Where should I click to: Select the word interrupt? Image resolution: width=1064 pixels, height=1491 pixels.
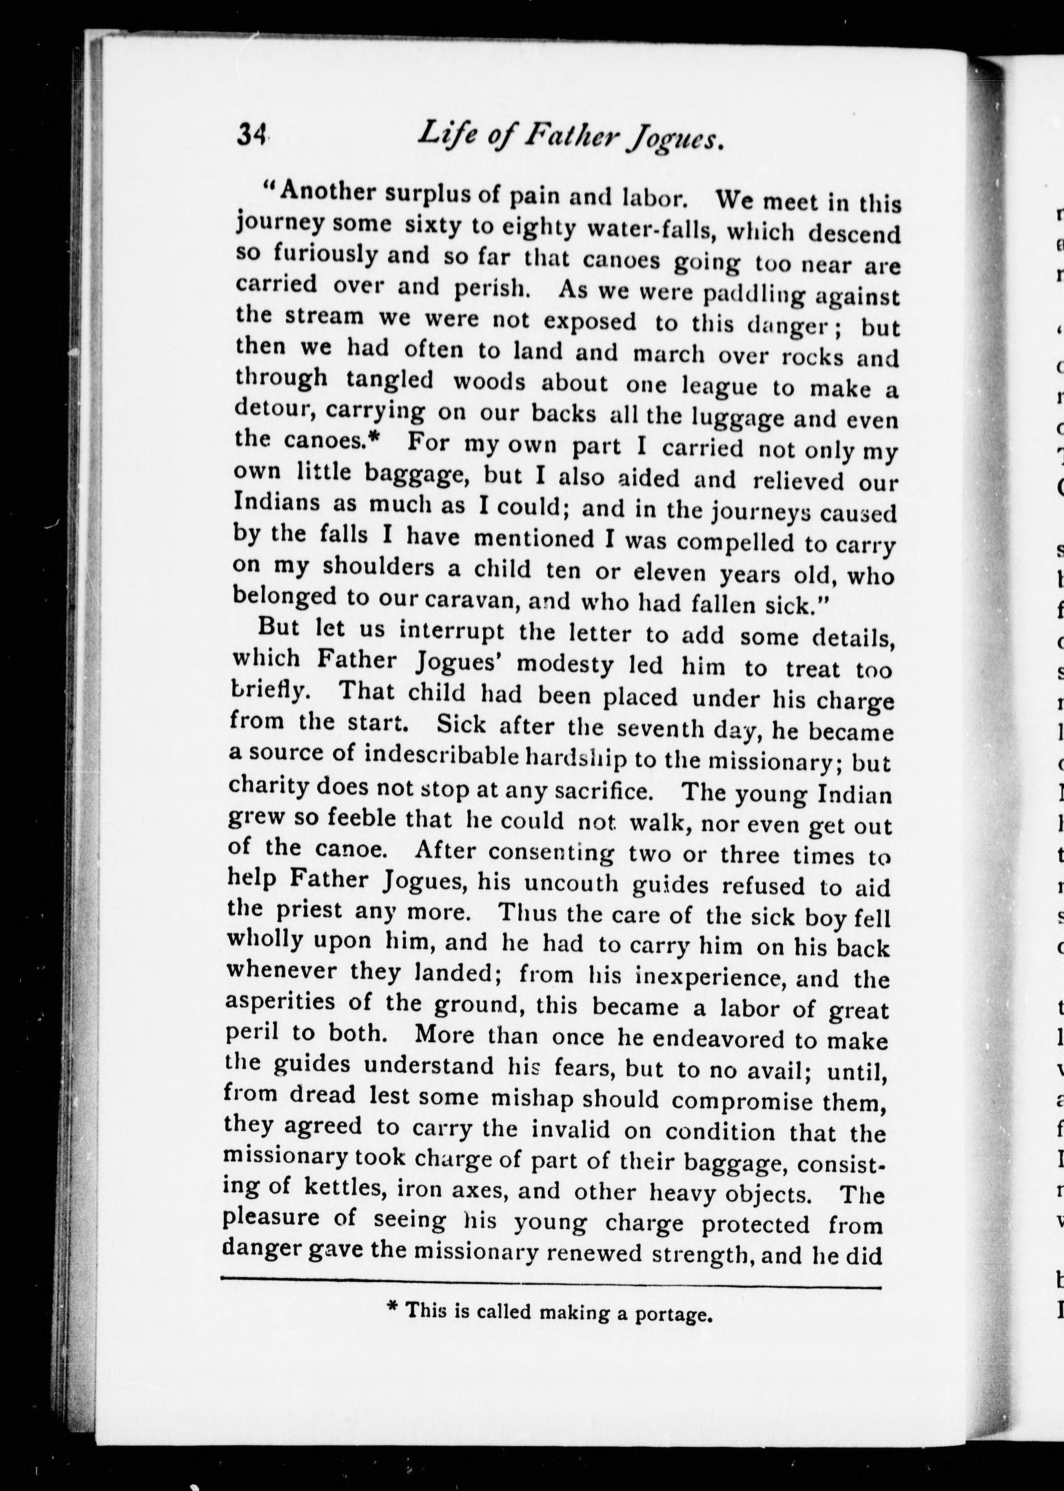click(x=452, y=631)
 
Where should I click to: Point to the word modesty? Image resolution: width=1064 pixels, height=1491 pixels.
click(x=565, y=664)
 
